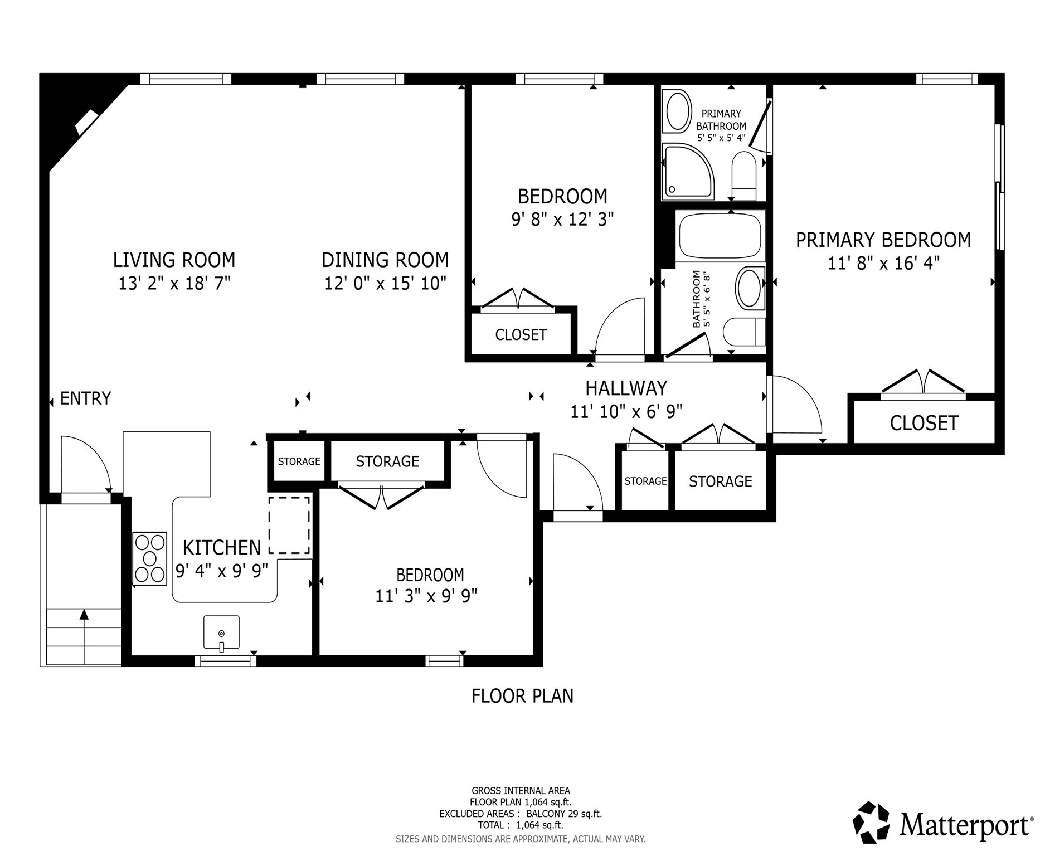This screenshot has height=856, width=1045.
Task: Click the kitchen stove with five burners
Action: coord(150,558)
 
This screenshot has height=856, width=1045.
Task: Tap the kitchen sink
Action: coord(221,633)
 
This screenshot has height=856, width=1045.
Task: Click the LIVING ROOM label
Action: coord(174,260)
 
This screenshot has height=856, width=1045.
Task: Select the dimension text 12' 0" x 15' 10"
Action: coord(385,284)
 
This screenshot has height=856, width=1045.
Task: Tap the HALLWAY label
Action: coord(626,388)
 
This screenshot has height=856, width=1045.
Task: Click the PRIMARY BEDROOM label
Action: coord(883,240)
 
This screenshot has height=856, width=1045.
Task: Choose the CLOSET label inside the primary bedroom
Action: coord(924,424)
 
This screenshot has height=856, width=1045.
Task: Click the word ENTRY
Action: coord(85,398)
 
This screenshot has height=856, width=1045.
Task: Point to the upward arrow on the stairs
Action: coord(84,615)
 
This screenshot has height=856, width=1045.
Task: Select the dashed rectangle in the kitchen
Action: coord(289,525)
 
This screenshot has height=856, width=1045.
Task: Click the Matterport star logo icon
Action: coord(873,822)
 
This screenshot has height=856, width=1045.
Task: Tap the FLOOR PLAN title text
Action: coord(522,696)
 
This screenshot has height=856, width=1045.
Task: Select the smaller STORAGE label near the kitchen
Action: coord(299,461)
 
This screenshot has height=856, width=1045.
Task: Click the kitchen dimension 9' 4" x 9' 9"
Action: coord(221,571)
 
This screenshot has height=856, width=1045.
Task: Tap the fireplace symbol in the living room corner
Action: coord(86,121)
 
